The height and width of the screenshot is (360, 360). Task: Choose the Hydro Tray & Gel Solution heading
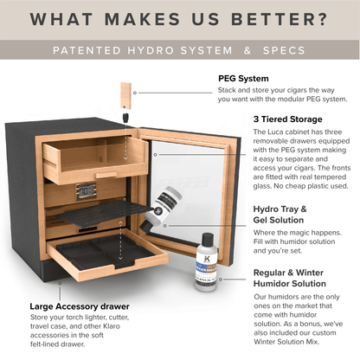255,215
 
